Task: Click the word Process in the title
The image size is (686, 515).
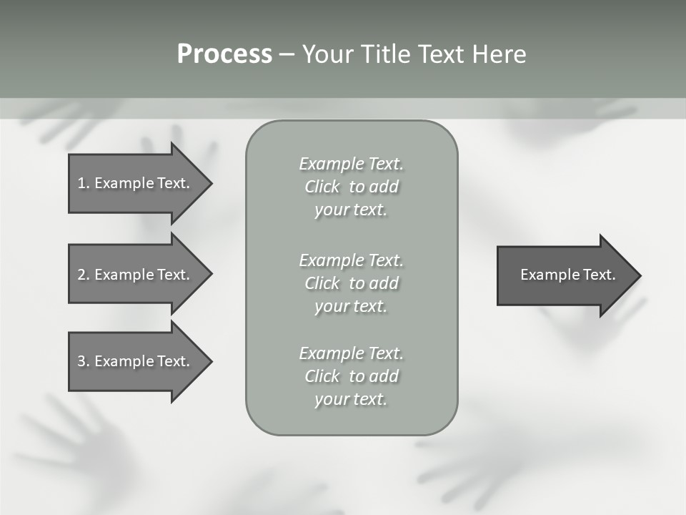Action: [x=224, y=54]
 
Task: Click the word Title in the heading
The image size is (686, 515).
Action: [x=387, y=54]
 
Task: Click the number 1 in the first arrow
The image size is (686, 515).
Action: [x=81, y=183]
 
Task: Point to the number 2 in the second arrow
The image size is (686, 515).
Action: [x=81, y=275]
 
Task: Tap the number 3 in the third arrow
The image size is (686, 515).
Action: [x=81, y=361]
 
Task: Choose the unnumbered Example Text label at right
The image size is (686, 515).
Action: [x=567, y=275]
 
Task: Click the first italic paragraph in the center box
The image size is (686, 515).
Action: [x=351, y=187]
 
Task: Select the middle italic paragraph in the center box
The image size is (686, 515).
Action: [x=351, y=283]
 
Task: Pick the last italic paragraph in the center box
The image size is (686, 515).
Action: [x=351, y=376]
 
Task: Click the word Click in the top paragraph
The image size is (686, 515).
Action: [x=322, y=187]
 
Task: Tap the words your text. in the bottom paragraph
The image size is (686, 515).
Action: [x=350, y=399]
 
